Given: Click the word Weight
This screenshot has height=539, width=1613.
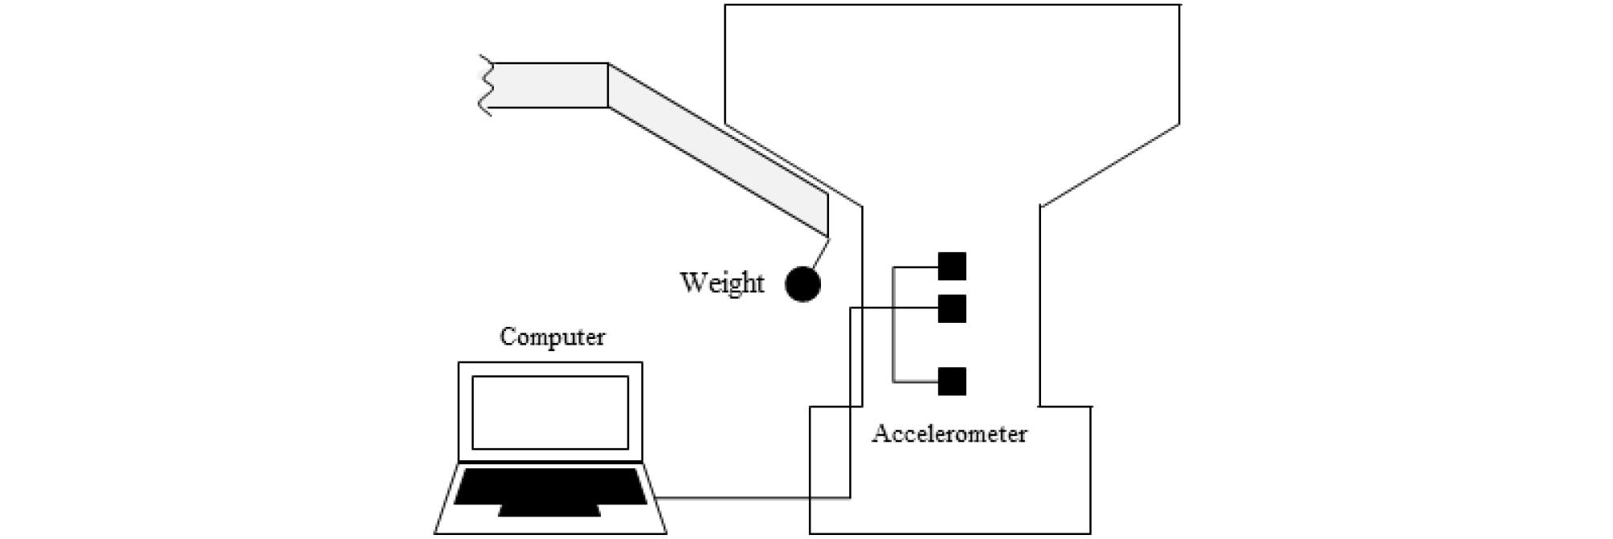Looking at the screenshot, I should click(x=721, y=283).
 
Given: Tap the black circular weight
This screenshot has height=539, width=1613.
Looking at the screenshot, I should click(x=802, y=284).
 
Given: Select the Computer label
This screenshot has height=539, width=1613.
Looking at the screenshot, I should click(x=552, y=337).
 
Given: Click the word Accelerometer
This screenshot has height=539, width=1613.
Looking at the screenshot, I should click(x=949, y=435).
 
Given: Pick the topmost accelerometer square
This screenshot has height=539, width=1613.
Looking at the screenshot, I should click(x=952, y=266).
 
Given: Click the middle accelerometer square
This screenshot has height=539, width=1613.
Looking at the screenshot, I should click(x=952, y=308).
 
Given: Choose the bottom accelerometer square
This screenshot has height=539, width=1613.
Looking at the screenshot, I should click(x=952, y=382).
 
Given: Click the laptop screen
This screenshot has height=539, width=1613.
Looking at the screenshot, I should click(x=550, y=412).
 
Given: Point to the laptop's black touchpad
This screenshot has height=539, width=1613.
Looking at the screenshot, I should click(x=549, y=511).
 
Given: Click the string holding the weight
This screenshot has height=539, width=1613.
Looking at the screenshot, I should click(x=819, y=253).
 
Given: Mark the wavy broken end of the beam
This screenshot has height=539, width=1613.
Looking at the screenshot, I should click(x=485, y=84).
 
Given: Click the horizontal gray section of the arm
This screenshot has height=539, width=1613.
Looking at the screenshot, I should click(x=550, y=85).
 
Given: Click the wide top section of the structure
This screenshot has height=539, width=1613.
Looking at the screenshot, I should click(x=952, y=64).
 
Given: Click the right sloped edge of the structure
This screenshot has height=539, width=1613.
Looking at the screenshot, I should click(x=1110, y=165).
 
